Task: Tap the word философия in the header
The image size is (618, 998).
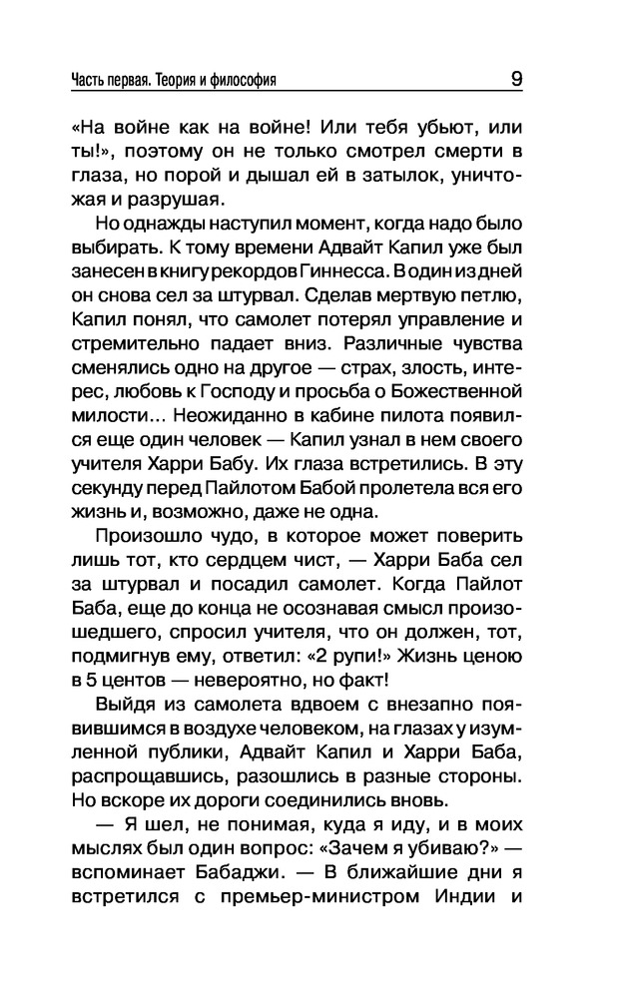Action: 244,79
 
